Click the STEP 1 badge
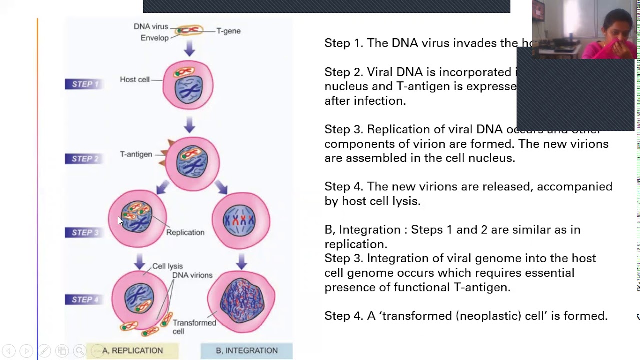(x=85, y=84)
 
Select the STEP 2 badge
(x=85, y=159)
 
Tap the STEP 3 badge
(x=85, y=232)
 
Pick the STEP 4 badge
(x=85, y=299)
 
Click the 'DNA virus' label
(x=151, y=27)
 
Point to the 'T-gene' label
(x=228, y=31)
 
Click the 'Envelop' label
(x=154, y=38)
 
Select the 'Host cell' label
(x=134, y=79)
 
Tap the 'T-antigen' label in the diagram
(x=136, y=154)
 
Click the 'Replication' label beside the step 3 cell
(x=185, y=232)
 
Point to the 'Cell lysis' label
(x=167, y=266)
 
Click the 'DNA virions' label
(x=192, y=275)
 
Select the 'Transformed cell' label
(x=194, y=327)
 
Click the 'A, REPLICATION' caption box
(x=132, y=351)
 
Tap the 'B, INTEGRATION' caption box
(x=246, y=351)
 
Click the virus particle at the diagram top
(x=189, y=31)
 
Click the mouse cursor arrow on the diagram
(x=120, y=221)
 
